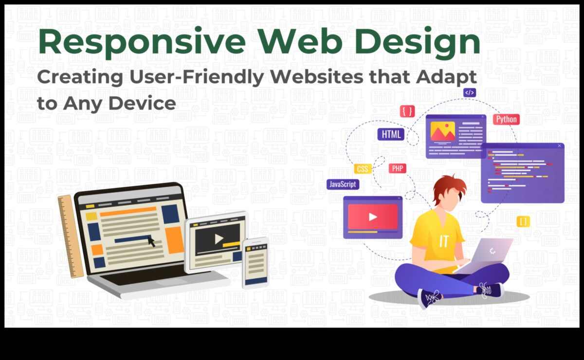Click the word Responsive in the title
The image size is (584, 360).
click(142, 42)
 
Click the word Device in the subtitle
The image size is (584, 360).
click(142, 104)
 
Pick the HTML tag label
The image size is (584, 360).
click(391, 134)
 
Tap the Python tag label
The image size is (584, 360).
click(506, 119)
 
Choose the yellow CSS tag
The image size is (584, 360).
click(363, 169)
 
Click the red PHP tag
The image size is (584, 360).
click(398, 168)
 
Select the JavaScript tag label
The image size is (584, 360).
click(343, 184)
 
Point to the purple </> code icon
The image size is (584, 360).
click(470, 92)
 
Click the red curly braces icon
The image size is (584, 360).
click(407, 111)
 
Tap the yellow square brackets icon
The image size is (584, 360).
click(523, 222)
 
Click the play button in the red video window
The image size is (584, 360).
click(373, 217)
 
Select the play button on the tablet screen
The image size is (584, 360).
click(219, 239)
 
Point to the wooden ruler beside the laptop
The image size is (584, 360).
click(71, 236)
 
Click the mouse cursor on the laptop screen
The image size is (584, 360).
click(151, 241)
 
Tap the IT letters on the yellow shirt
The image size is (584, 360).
click(444, 241)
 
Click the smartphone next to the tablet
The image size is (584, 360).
click(255, 263)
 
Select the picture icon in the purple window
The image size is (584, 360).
click(443, 131)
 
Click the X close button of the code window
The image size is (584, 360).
click(559, 146)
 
